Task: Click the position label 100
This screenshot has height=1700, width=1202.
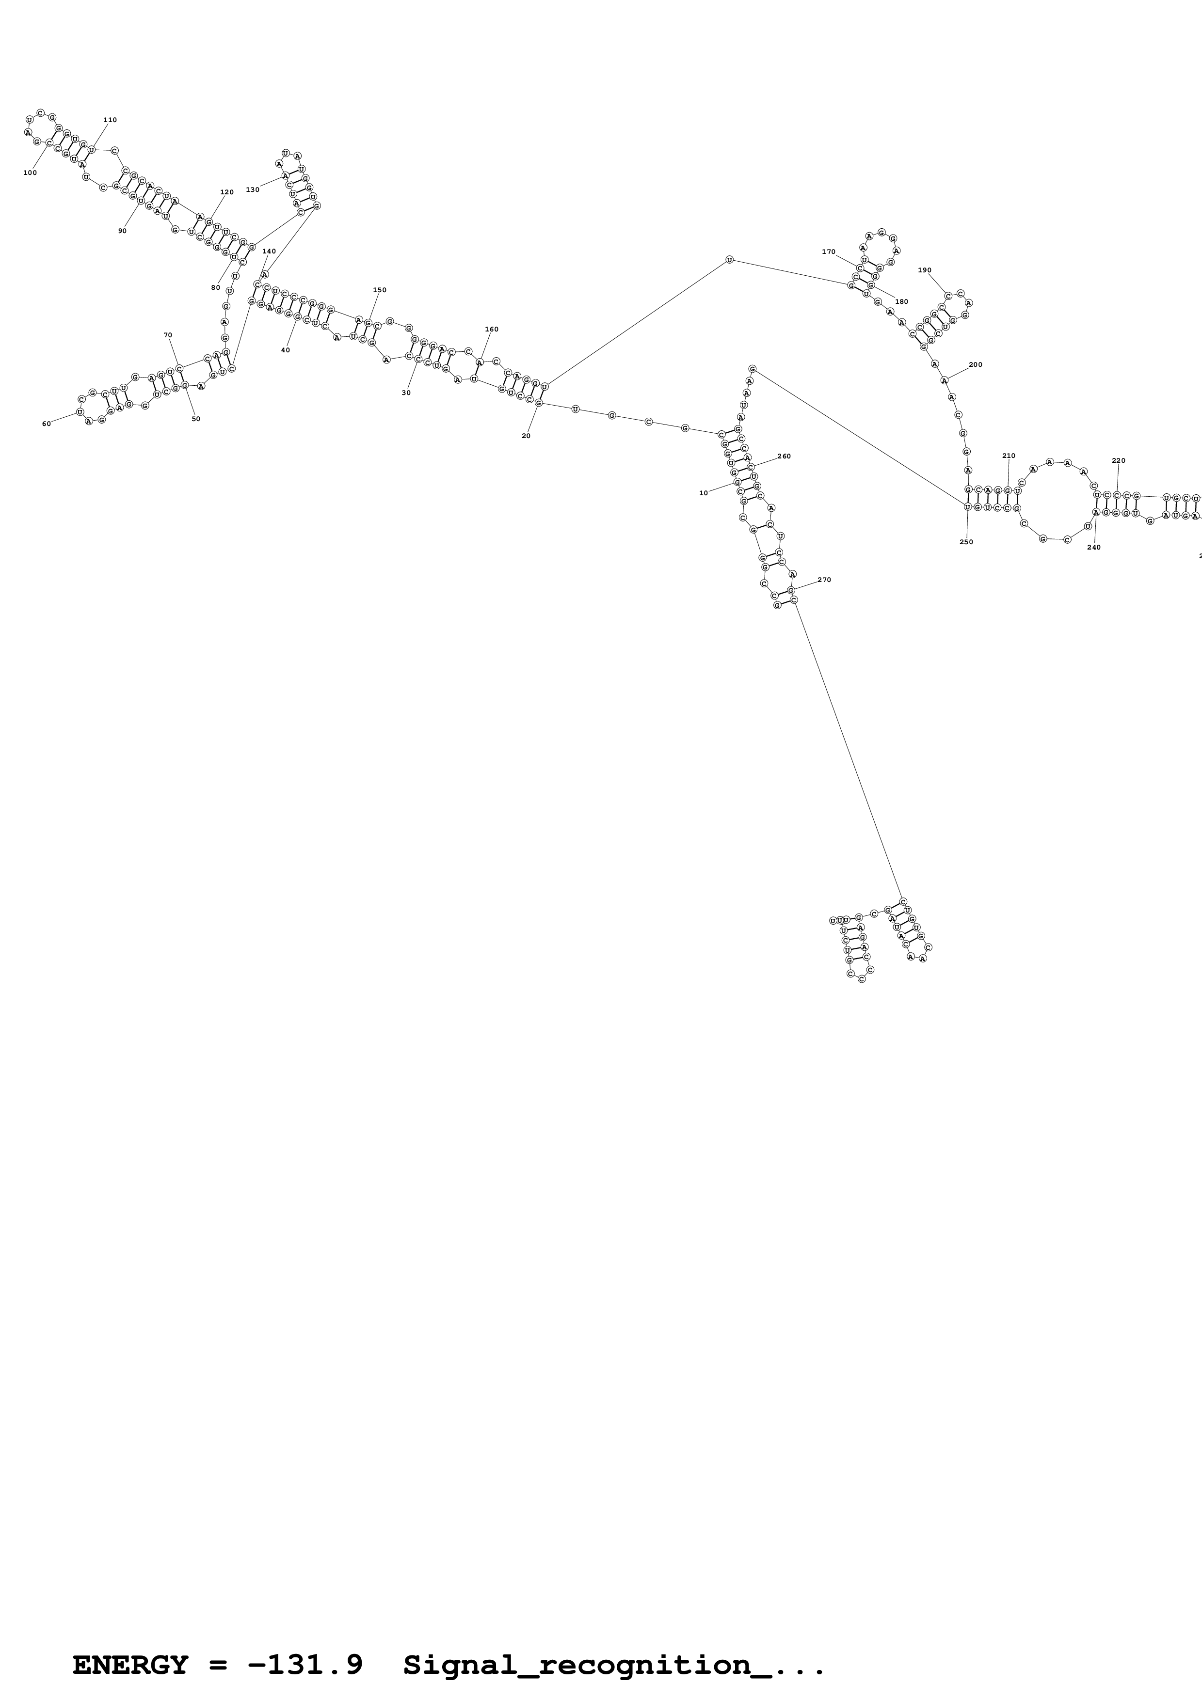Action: point(30,173)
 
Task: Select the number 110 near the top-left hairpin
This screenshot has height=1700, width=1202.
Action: point(110,120)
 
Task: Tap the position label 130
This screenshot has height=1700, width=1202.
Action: point(253,189)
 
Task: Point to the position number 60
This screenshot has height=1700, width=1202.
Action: point(46,424)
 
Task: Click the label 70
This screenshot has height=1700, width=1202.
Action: point(167,335)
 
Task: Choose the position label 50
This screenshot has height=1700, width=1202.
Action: point(195,419)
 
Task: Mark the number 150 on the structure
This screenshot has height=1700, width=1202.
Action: point(379,290)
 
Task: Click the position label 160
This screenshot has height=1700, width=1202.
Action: point(491,330)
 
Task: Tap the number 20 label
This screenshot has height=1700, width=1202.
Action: point(526,436)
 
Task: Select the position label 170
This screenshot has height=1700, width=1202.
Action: point(828,252)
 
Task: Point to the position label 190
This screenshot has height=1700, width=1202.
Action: point(924,270)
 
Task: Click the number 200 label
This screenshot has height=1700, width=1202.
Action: point(976,364)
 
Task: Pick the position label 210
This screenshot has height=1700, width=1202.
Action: point(1008,456)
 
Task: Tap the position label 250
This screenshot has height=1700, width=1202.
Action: point(966,542)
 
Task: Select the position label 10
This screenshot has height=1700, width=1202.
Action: point(704,493)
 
